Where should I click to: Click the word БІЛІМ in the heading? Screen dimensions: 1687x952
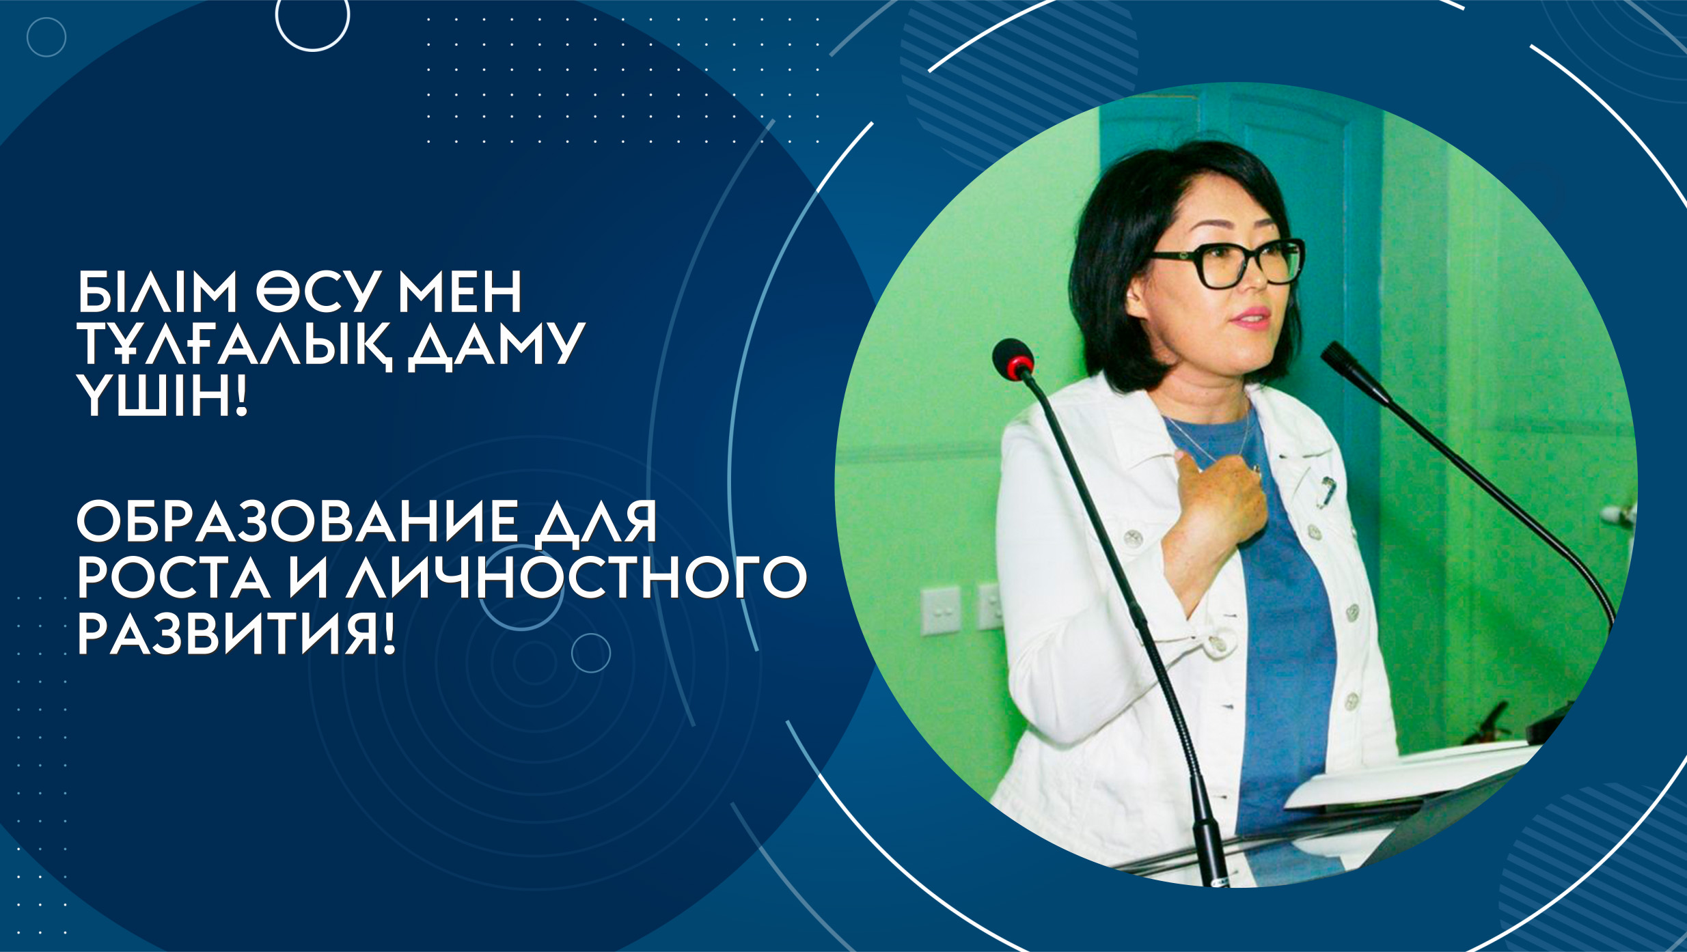tap(157, 292)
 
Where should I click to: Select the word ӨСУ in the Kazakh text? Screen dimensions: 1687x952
tap(317, 292)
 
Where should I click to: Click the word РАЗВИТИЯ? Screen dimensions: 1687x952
tap(236, 634)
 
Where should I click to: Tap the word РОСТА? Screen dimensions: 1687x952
tap(174, 578)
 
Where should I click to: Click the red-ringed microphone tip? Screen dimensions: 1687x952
tap(1013, 359)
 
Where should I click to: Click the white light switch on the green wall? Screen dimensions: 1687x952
tap(940, 611)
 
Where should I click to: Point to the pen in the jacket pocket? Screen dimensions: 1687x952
tap(1326, 490)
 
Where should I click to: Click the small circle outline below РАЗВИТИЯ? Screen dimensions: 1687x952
tap(591, 653)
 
